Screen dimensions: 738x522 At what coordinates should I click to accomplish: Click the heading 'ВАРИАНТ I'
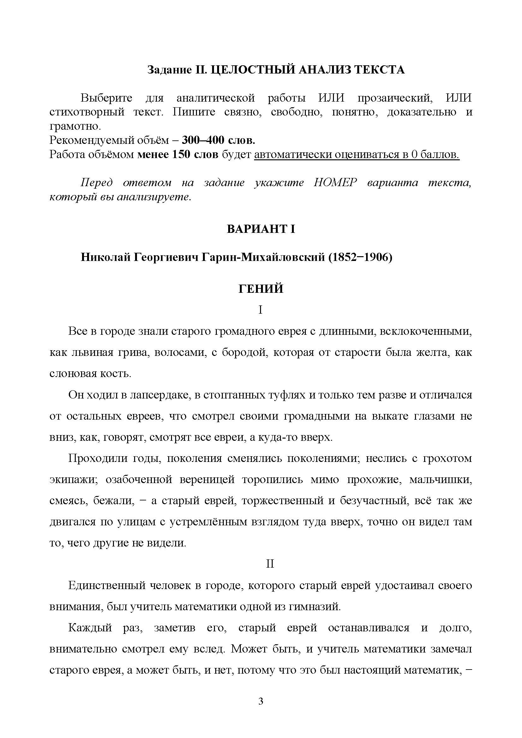point(261,229)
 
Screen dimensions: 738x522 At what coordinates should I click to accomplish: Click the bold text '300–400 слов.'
point(219,140)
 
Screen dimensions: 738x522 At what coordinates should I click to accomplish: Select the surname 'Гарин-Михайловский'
point(264,257)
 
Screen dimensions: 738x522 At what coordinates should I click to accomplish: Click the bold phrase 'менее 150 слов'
point(178,155)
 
